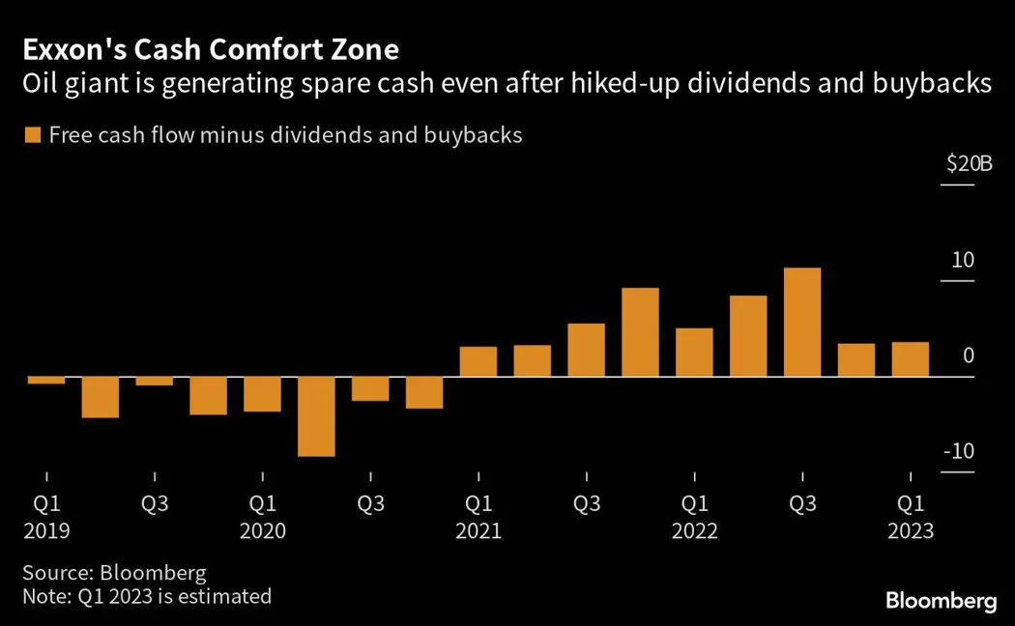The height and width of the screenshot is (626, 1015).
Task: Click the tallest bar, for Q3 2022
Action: click(802, 322)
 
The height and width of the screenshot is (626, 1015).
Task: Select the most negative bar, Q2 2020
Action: click(316, 415)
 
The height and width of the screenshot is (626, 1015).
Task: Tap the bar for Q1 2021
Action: click(478, 361)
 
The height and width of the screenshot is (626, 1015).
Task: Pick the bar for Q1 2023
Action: click(911, 359)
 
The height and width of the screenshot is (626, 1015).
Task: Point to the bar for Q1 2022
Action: click(694, 352)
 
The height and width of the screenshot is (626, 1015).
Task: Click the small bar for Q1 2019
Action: click(46, 380)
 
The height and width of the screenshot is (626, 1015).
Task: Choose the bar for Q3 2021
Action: click(586, 350)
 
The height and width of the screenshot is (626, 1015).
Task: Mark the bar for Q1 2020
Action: click(262, 393)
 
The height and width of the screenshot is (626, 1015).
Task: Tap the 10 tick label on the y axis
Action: click(963, 260)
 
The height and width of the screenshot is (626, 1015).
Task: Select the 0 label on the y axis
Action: click(969, 356)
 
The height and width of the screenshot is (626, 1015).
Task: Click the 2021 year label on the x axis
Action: click(478, 532)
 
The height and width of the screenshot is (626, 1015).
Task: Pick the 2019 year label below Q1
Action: click(45, 532)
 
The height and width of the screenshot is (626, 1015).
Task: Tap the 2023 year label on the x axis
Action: click(911, 532)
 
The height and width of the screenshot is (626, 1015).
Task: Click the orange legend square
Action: click(33, 135)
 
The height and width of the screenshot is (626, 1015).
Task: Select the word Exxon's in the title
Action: click(72, 48)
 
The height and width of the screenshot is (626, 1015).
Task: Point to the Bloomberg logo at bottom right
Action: click(941, 601)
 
